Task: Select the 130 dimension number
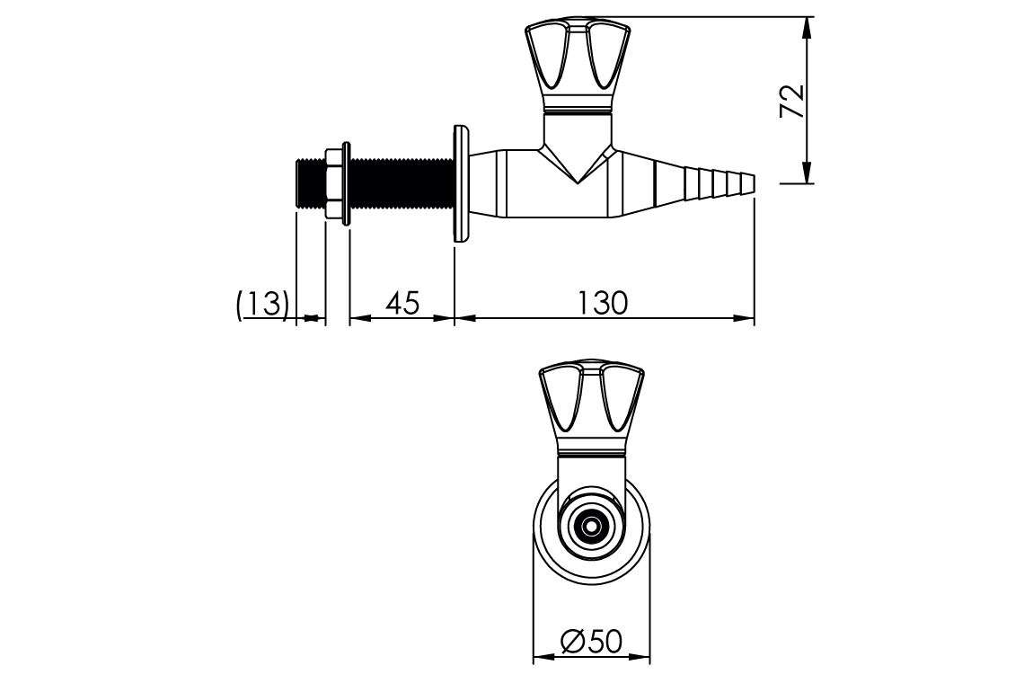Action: click(x=603, y=304)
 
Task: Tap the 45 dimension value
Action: click(x=402, y=304)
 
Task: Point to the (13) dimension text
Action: click(x=262, y=304)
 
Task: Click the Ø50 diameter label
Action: click(x=591, y=643)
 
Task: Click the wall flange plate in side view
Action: click(x=462, y=184)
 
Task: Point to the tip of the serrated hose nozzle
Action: click(x=751, y=183)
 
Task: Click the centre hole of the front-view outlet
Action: click(x=591, y=527)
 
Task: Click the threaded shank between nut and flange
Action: click(x=400, y=184)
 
